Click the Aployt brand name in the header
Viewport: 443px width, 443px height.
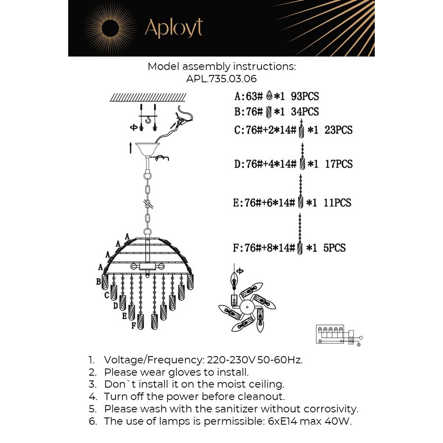[x=174, y=28]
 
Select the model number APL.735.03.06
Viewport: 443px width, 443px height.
[x=221, y=79]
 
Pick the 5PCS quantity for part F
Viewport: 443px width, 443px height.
[x=334, y=248]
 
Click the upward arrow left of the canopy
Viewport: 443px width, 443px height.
[x=131, y=148]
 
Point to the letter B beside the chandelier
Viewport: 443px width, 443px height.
[x=98, y=281]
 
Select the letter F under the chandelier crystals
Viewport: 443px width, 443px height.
[x=133, y=326]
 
